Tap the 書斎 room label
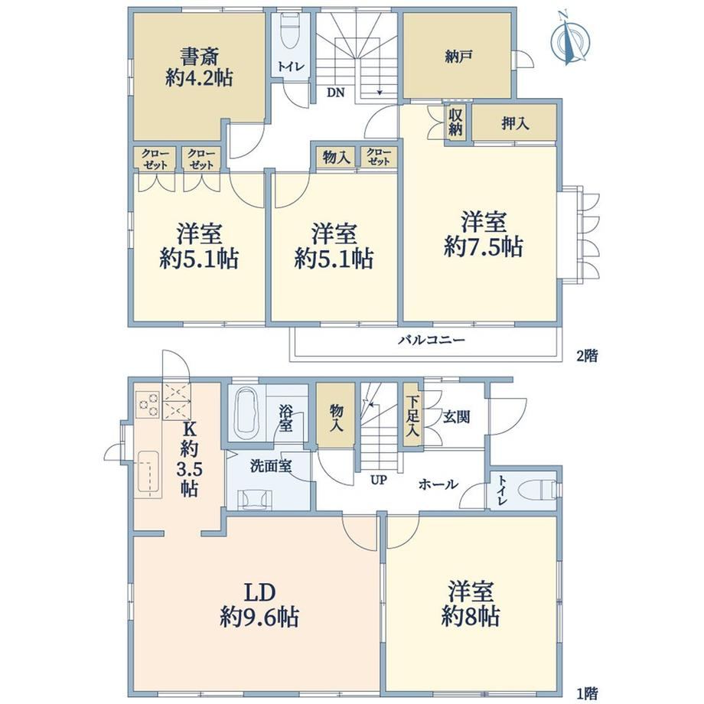pyautogui.click(x=200, y=57)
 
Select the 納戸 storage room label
pyautogui.click(x=458, y=57)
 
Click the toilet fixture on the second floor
pyautogui.click(x=291, y=31)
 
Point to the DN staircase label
pyautogui.click(x=335, y=93)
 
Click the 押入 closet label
pyautogui.click(x=515, y=123)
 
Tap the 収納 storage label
pyautogui.click(x=455, y=122)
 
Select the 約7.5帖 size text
pyautogui.click(x=483, y=247)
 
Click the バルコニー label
pyautogui.click(x=431, y=340)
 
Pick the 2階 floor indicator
pyautogui.click(x=587, y=356)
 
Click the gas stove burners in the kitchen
pyautogui.click(x=148, y=404)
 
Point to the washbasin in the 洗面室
pyautogui.click(x=255, y=499)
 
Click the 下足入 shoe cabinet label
pyautogui.click(x=412, y=416)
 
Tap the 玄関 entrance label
pyautogui.click(x=457, y=417)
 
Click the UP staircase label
pyautogui.click(x=379, y=480)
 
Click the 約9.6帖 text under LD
pyautogui.click(x=259, y=618)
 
